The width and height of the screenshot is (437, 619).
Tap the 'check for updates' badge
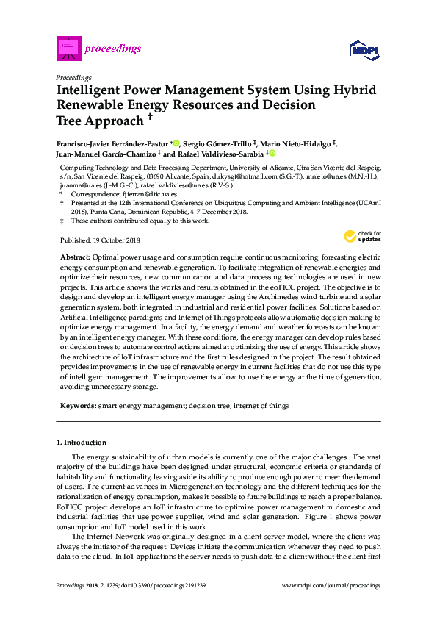coord(363,237)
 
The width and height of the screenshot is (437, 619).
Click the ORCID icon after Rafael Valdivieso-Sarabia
coord(272,154)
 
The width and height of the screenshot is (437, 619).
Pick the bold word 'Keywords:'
coord(76,405)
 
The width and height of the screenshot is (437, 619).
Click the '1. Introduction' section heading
coord(82,443)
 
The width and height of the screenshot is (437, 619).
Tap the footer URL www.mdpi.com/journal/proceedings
coord(331,585)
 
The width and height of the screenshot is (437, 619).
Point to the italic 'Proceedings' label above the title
coord(73,76)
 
